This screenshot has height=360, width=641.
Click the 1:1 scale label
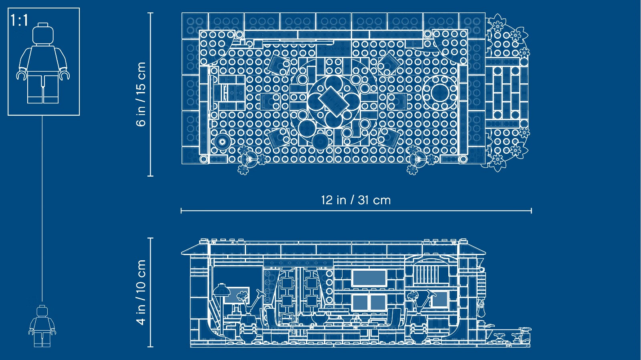click(x=20, y=20)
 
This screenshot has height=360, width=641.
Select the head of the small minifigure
click(x=42, y=311)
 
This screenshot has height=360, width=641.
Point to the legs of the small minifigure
click(x=42, y=340)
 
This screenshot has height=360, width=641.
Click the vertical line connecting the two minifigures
click(x=42, y=209)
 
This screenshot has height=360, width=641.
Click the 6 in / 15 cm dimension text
click(x=141, y=94)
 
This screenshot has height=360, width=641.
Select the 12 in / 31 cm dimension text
click(x=356, y=200)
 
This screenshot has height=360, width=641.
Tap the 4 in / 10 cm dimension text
click(x=141, y=292)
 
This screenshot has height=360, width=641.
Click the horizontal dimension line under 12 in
click(x=356, y=211)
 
